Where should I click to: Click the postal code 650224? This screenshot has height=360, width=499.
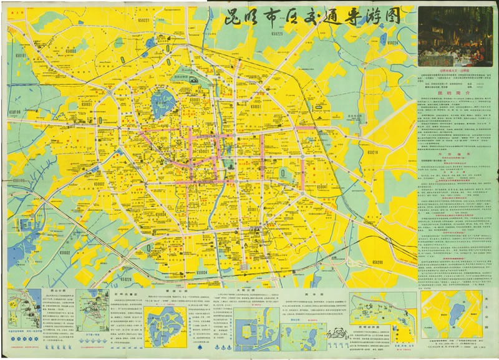(x=391, y=43)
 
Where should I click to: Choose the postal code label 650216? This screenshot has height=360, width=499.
(x=374, y=152)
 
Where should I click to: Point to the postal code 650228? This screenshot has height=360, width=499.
(x=124, y=279)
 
